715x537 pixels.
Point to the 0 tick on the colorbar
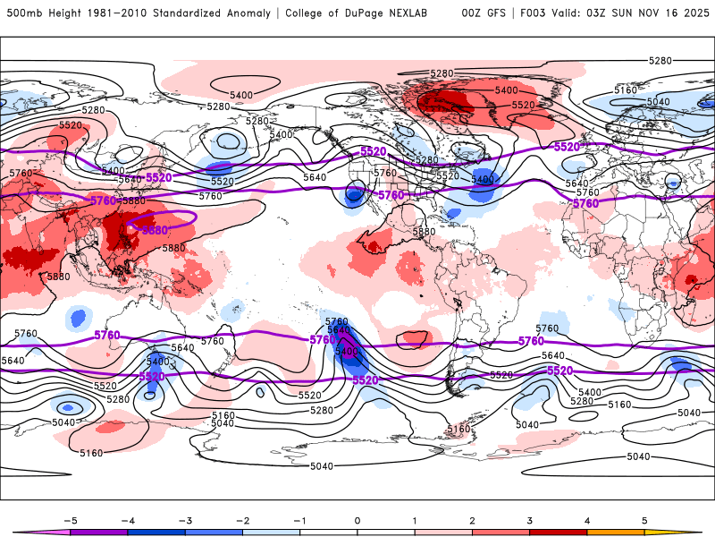tap(357, 519)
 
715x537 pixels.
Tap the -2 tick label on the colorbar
tap(242, 519)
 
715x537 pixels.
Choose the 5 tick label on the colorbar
tap(645, 519)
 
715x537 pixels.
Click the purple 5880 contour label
tap(154, 230)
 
